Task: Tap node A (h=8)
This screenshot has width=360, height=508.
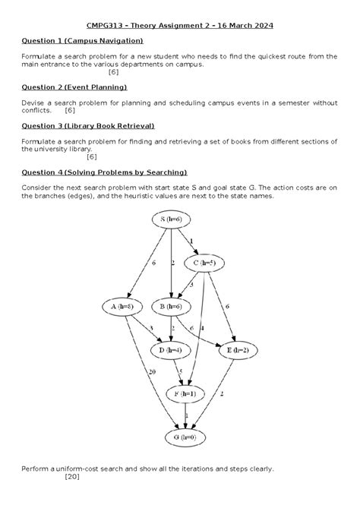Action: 122,307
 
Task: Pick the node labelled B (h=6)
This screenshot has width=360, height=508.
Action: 173,307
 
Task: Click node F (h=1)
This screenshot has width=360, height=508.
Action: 186,393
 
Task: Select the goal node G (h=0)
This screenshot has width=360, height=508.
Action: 186,437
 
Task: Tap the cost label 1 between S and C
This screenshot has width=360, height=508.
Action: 191,241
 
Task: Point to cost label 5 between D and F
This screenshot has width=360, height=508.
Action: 181,371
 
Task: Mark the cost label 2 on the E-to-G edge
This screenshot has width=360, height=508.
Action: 221,394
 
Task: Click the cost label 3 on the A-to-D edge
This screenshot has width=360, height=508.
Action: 151,328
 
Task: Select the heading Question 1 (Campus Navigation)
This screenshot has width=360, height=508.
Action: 82,40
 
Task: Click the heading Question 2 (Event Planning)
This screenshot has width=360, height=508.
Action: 74,88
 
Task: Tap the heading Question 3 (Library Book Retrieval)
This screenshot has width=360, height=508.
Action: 88,125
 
